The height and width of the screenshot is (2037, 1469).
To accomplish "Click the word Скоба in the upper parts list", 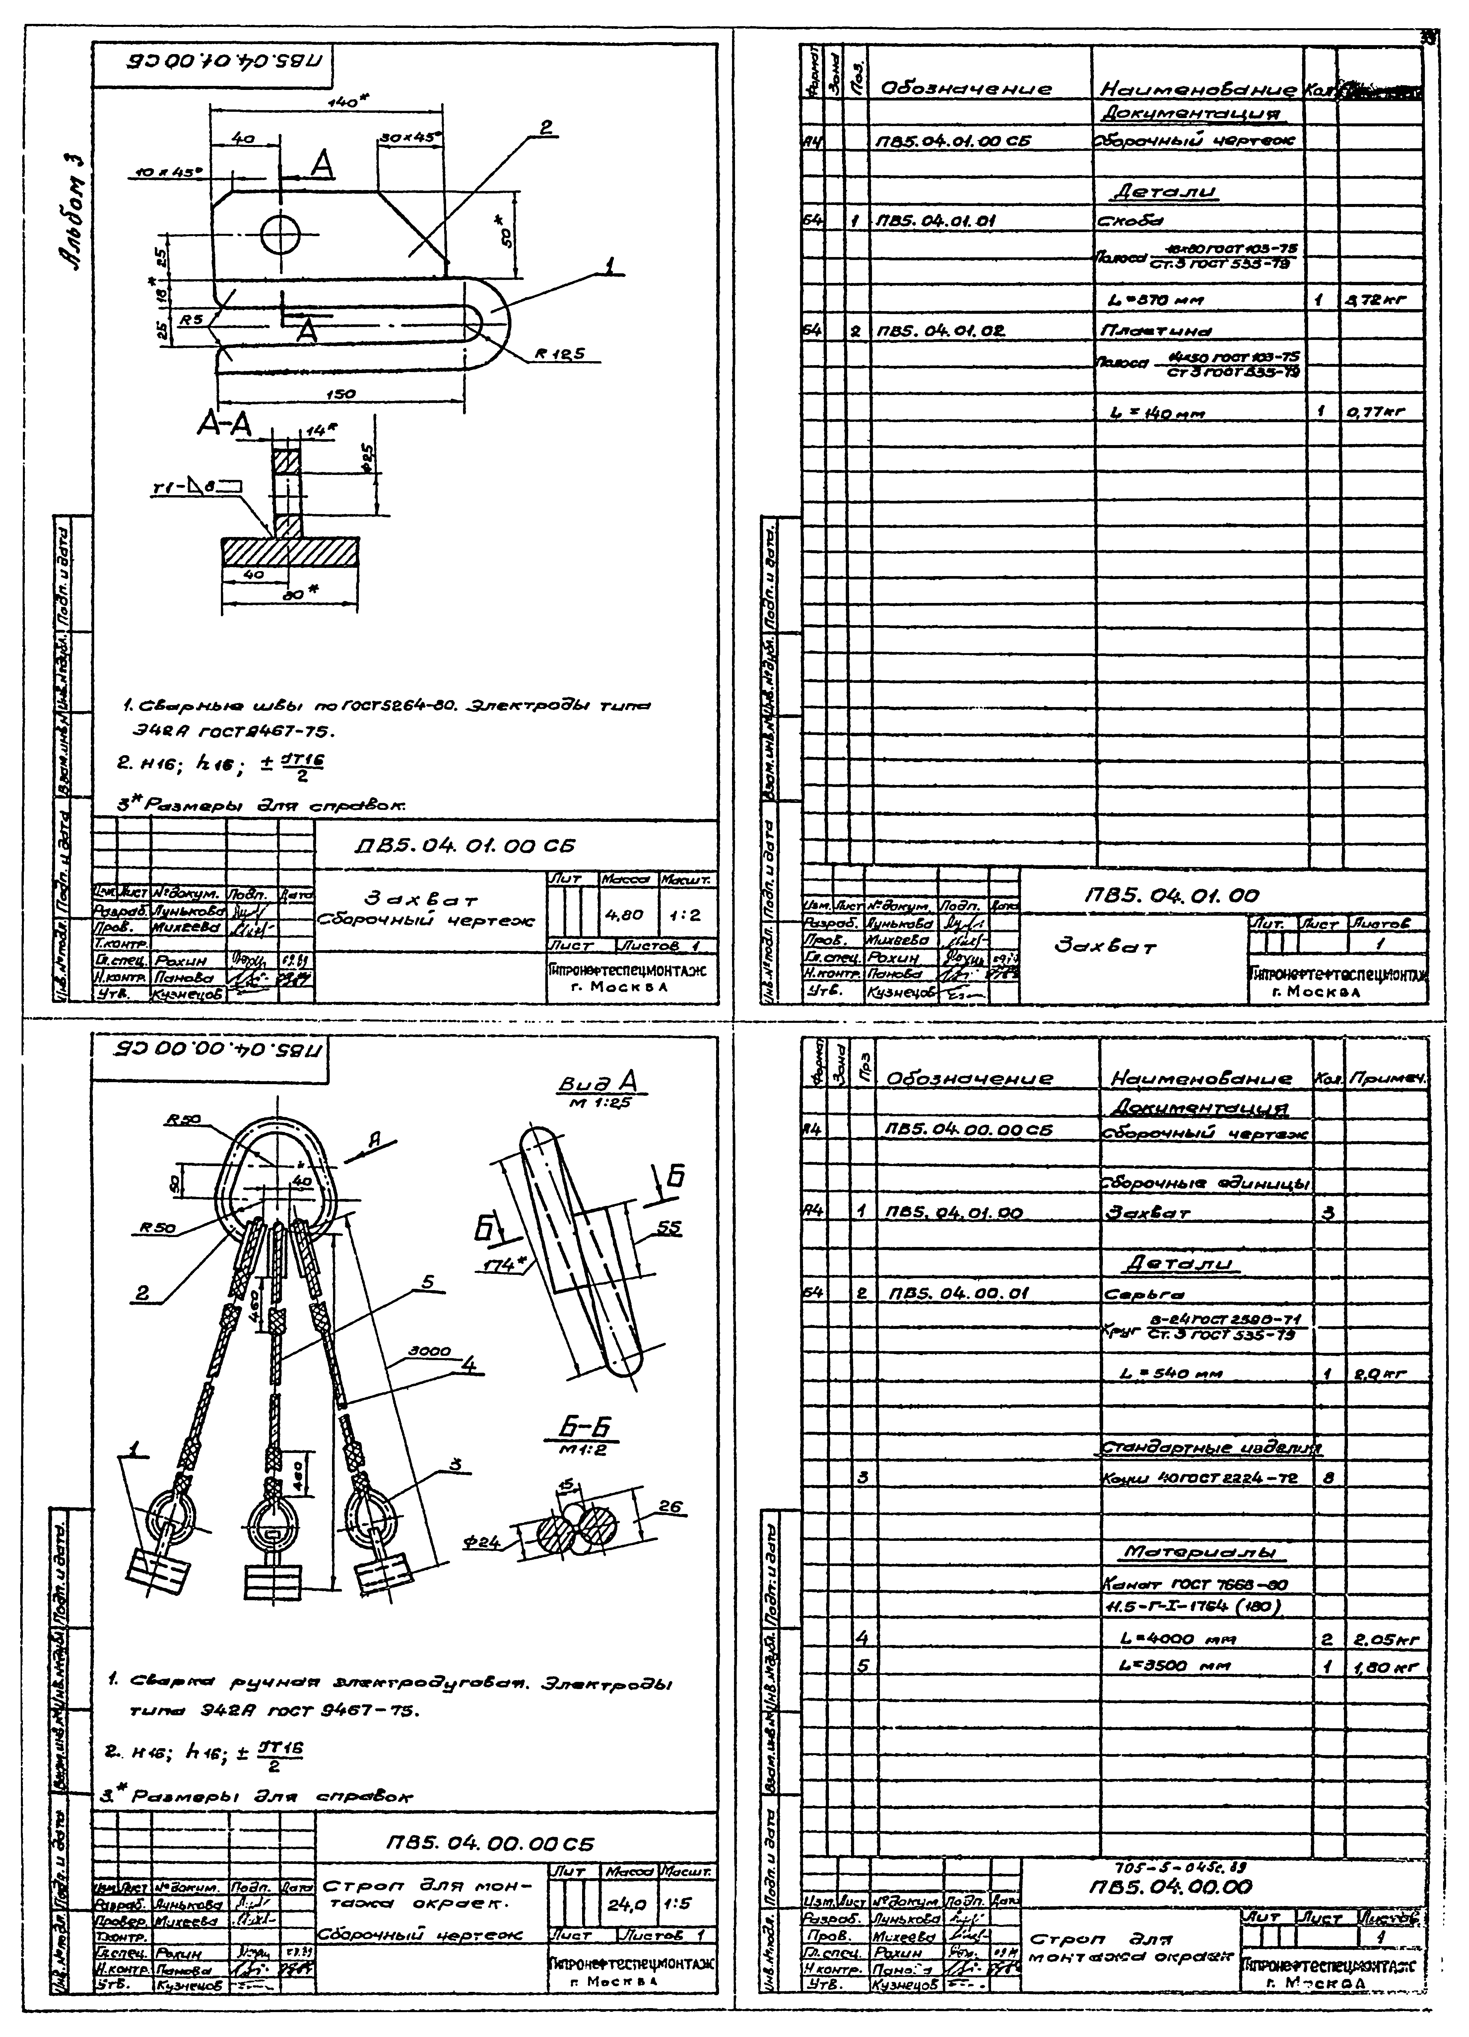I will point(1117,221).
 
